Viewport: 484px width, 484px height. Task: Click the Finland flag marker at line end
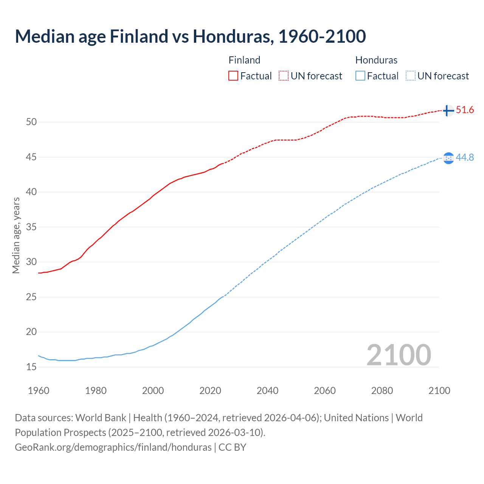[x=448, y=110]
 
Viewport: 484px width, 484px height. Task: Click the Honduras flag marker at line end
[x=448, y=158]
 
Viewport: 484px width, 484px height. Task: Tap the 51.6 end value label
[x=465, y=110]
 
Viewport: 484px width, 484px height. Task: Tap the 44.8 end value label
[x=465, y=157]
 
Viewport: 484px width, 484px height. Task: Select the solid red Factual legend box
[x=233, y=76]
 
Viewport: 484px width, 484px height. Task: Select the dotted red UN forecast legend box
[x=284, y=76]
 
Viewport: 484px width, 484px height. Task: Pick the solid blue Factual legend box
[x=360, y=76]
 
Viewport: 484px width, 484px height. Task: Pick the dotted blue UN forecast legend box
[x=411, y=76]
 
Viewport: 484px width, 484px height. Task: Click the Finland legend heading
[x=244, y=60]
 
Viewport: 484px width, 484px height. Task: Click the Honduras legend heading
[x=376, y=60]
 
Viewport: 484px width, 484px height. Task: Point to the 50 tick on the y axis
[x=31, y=122]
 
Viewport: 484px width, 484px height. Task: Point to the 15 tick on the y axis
[x=31, y=367]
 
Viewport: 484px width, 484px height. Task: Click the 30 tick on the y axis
[x=31, y=262]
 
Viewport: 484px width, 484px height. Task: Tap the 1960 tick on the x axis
[x=39, y=391]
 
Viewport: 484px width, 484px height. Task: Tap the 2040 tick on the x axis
[x=267, y=391]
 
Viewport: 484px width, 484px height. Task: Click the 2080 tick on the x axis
[x=382, y=391]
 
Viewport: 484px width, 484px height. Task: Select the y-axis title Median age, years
[x=16, y=235]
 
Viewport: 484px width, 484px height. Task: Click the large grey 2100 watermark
[x=399, y=355]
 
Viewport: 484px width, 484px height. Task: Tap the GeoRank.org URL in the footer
[x=113, y=447]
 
